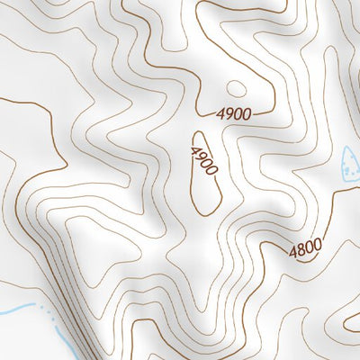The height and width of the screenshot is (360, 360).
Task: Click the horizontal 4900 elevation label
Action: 233,113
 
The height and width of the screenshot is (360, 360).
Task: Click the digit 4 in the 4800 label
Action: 293,253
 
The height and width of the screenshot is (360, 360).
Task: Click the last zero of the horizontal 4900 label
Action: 246,113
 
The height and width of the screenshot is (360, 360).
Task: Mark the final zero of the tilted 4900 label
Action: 211,171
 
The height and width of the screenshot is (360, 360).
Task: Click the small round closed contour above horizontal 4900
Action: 236,88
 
